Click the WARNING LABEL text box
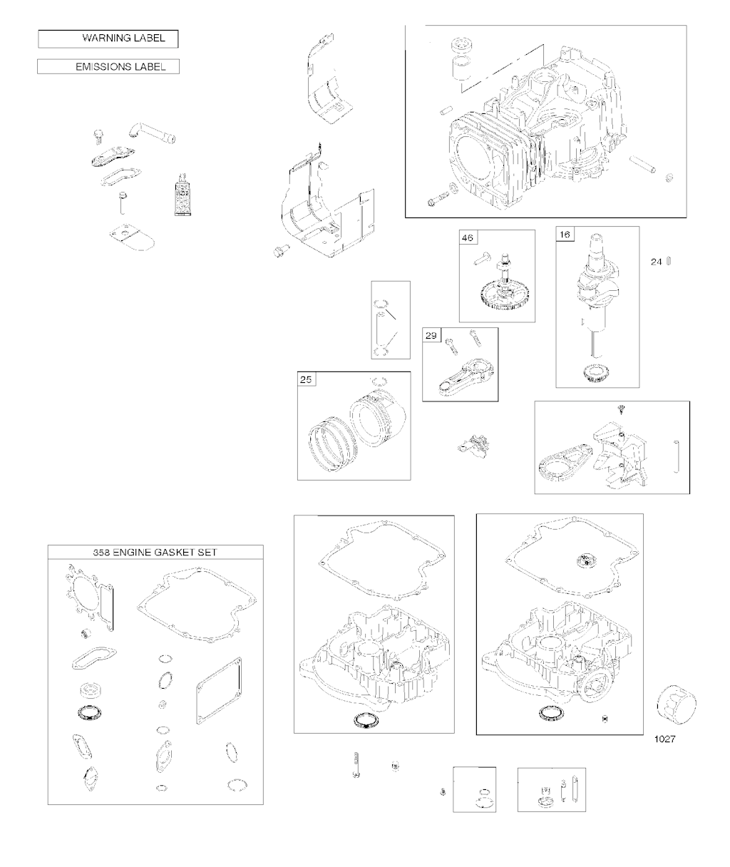[x=108, y=39]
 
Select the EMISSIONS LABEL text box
[x=108, y=66]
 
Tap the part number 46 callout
[x=468, y=238]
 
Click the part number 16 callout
[x=565, y=235]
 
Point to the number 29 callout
[x=431, y=336]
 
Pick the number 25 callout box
[x=306, y=379]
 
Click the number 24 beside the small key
[x=656, y=262]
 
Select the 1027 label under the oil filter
[x=665, y=739]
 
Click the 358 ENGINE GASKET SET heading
[x=155, y=553]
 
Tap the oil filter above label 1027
[x=677, y=705]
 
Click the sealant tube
[x=182, y=195]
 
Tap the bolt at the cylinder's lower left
[x=437, y=200]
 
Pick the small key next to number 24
[x=669, y=262]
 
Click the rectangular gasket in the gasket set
[x=219, y=691]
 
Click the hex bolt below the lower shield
[x=282, y=251]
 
